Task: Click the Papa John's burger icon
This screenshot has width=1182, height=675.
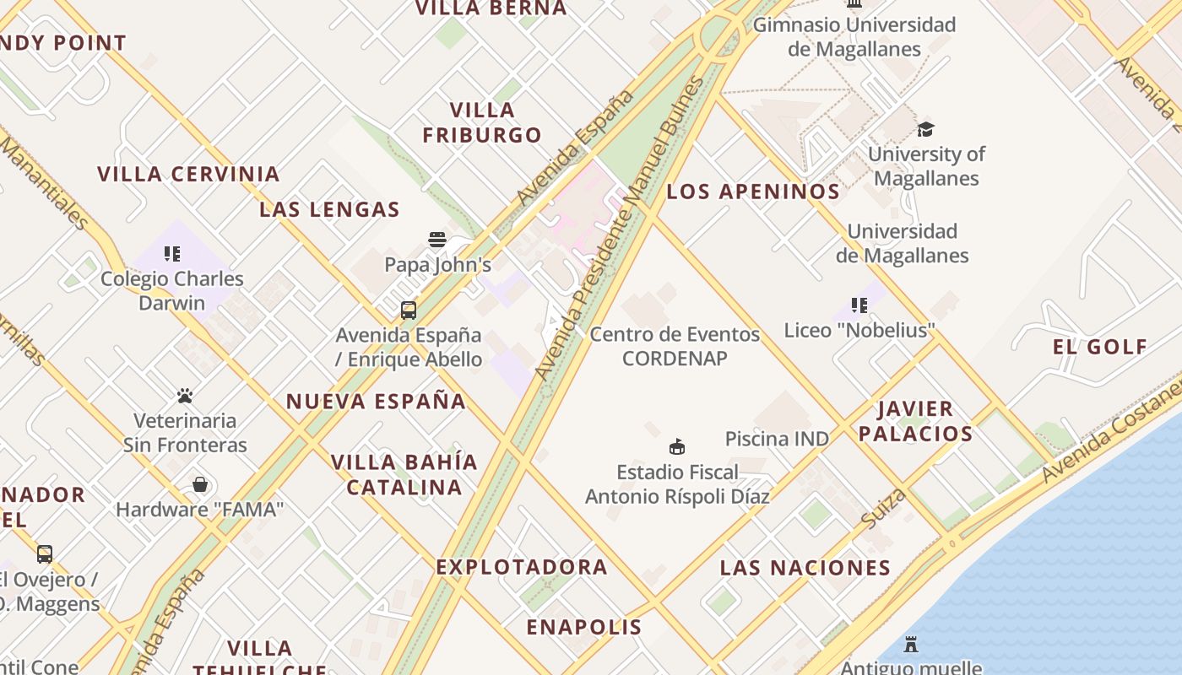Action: point(436,240)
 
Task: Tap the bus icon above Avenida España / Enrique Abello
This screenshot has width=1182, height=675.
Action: point(409,310)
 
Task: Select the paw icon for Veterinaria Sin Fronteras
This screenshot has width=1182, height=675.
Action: point(185,395)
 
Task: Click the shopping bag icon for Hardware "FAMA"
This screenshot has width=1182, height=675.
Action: point(200,484)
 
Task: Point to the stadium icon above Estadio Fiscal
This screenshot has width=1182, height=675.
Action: point(676,446)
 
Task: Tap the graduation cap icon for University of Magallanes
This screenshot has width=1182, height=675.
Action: point(926,129)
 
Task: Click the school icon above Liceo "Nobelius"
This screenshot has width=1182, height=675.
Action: point(859,305)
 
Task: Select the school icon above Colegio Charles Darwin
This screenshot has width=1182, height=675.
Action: point(172,253)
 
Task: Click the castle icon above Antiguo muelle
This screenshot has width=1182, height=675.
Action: point(911,645)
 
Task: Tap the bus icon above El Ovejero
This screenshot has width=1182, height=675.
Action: point(45,554)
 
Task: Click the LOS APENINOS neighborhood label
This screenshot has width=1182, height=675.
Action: point(753,192)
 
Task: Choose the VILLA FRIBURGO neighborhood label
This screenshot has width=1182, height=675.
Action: point(482,122)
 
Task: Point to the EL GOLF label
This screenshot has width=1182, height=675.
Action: point(1099,347)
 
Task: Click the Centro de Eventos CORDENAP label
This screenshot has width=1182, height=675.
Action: point(675,346)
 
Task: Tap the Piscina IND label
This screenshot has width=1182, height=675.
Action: point(777,439)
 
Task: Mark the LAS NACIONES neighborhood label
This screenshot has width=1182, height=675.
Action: point(805,568)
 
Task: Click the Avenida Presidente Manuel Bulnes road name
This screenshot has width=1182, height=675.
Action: point(619,228)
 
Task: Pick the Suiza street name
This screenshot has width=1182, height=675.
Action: point(885,508)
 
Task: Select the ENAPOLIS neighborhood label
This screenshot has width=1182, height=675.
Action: point(584,627)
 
